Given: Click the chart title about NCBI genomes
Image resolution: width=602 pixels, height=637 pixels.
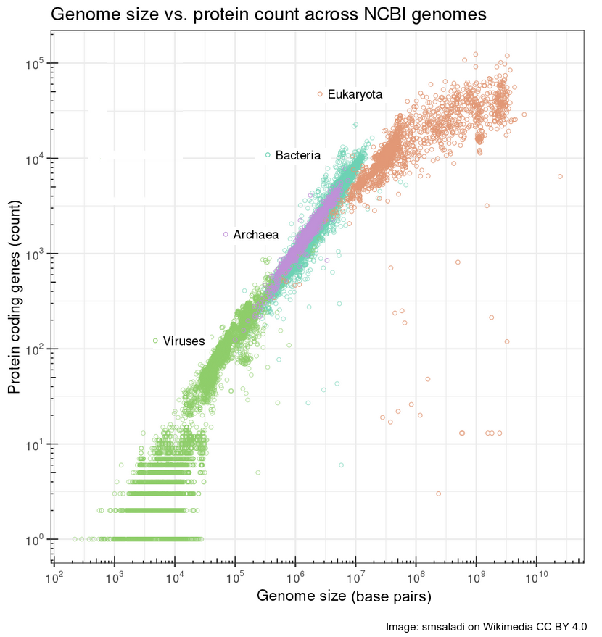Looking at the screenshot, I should coord(268,14).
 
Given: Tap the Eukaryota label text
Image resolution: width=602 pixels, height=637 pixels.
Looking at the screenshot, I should coord(355,95).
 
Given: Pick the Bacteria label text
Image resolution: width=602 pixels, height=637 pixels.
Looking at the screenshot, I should coord(297,155).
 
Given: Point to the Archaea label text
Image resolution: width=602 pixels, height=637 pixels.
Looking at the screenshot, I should coord(256,235).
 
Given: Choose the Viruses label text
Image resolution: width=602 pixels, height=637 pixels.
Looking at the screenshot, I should coord(184,341).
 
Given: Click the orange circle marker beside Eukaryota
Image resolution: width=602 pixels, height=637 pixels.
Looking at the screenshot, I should coord(320,94).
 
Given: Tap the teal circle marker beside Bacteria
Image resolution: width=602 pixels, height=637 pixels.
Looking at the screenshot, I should coord(268,155).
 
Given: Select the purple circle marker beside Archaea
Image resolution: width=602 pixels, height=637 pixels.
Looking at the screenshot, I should coord(226,234).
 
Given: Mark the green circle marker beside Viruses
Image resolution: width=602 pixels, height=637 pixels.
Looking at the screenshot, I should coord(155,341).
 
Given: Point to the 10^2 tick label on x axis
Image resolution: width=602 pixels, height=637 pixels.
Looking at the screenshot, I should coord(52,577).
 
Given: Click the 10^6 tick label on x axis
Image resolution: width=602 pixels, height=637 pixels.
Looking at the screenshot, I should coord(294,577).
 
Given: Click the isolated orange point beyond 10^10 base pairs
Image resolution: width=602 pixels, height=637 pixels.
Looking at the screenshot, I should coord(560,177).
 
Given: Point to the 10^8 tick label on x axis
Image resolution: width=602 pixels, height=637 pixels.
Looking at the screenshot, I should coord(415,577).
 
